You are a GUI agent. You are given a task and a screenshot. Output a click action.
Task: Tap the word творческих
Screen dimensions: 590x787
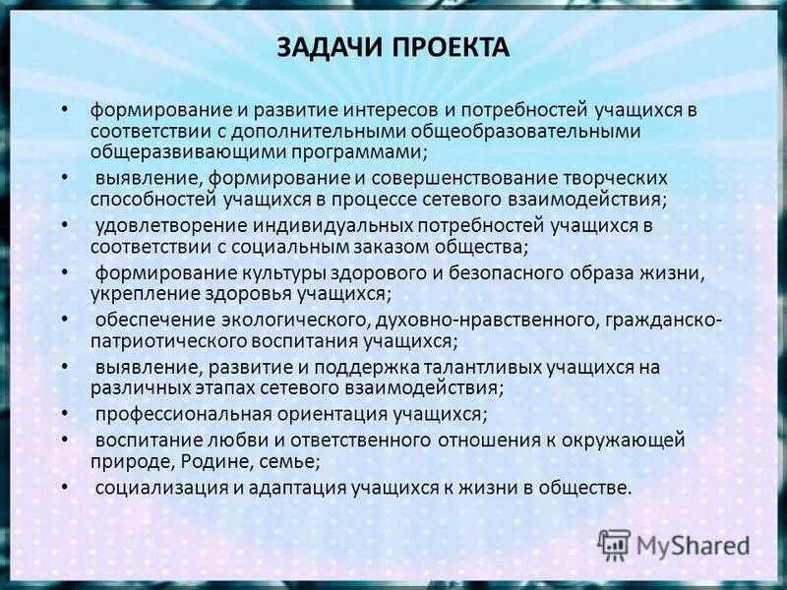click(615, 178)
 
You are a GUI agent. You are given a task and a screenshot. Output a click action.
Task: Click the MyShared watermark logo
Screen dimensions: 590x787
click(674, 544)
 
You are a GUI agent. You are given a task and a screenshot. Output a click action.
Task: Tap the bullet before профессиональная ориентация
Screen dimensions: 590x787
click(64, 414)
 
